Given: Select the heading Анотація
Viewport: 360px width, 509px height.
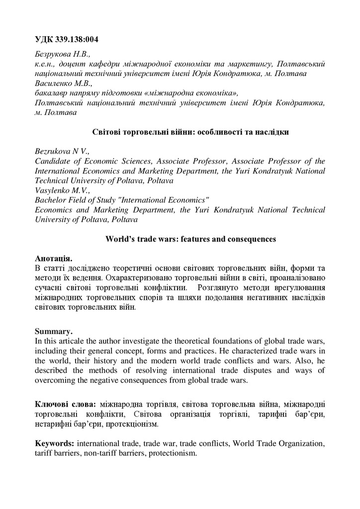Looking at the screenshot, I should tap(54, 258).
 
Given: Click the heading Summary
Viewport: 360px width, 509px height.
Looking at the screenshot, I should tap(53, 331).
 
